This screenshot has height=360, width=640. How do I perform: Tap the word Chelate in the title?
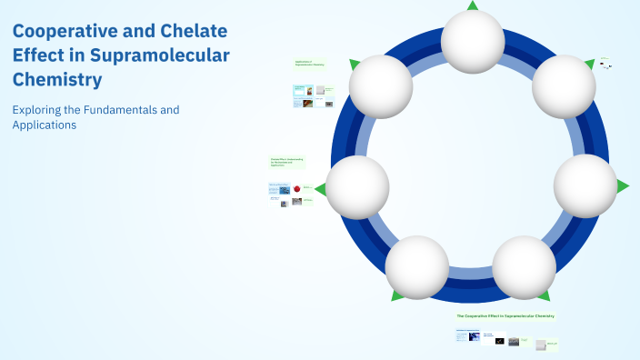197,30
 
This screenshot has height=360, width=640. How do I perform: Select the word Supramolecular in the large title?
155,55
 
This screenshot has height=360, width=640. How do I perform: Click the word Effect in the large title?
38,55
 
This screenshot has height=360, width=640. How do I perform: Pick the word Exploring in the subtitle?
38,110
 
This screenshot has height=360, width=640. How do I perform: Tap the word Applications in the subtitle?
45,125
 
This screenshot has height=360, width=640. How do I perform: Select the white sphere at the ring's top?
472,41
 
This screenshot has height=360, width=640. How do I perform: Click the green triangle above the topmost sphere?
472,5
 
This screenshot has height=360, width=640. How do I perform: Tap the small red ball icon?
296,188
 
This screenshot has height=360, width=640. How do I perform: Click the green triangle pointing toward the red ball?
319,188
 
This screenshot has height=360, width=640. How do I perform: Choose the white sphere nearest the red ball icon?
357,187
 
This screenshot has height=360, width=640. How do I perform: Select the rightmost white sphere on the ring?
585,185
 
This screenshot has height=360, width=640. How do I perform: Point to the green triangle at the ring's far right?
623,185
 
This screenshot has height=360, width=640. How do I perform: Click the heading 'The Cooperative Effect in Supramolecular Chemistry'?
505,315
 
